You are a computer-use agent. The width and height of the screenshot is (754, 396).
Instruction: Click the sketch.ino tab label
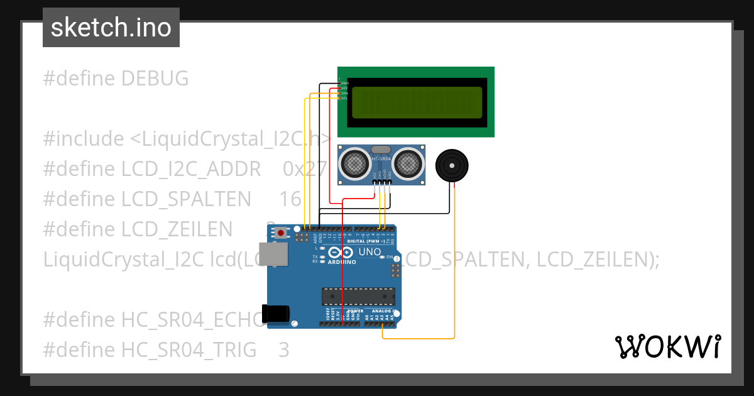click(x=111, y=28)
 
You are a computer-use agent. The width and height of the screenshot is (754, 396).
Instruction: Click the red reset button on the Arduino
click(x=280, y=233)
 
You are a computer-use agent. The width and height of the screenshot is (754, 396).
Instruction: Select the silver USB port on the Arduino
click(x=275, y=254)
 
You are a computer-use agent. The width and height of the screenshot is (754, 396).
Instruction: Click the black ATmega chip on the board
click(x=358, y=295)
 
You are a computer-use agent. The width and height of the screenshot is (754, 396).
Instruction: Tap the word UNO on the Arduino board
click(x=369, y=252)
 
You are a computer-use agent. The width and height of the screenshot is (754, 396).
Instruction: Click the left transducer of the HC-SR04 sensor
click(x=354, y=163)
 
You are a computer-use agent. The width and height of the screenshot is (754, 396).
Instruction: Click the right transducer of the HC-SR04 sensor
click(x=408, y=163)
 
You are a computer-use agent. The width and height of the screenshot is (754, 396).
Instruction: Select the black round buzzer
click(x=452, y=165)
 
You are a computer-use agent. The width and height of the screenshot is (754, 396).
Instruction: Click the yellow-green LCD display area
click(x=417, y=102)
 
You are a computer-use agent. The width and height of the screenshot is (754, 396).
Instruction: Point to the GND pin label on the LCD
click(x=345, y=82)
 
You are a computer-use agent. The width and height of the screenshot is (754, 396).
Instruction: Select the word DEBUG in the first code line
click(x=155, y=79)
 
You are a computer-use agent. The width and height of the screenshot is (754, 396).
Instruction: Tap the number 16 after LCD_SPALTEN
click(x=290, y=199)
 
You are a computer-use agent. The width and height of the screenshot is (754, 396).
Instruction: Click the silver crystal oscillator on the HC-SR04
click(x=381, y=150)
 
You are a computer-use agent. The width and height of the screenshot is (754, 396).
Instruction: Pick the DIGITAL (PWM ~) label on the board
click(x=366, y=241)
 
